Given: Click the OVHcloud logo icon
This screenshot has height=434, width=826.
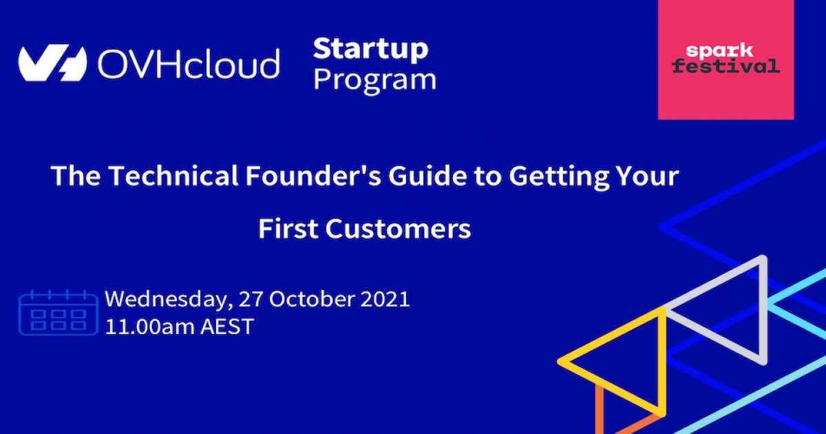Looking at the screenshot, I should (x=52, y=64).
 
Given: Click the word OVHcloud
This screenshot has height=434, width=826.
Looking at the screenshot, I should (x=188, y=64).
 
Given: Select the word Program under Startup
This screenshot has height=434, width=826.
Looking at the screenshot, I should (x=375, y=80).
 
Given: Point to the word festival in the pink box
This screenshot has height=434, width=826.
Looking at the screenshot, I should (x=726, y=66).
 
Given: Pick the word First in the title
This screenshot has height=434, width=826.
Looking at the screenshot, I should (x=288, y=229).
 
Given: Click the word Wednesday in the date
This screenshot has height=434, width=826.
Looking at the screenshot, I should (x=167, y=300).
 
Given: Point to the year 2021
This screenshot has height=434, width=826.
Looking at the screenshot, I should (x=384, y=300).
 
